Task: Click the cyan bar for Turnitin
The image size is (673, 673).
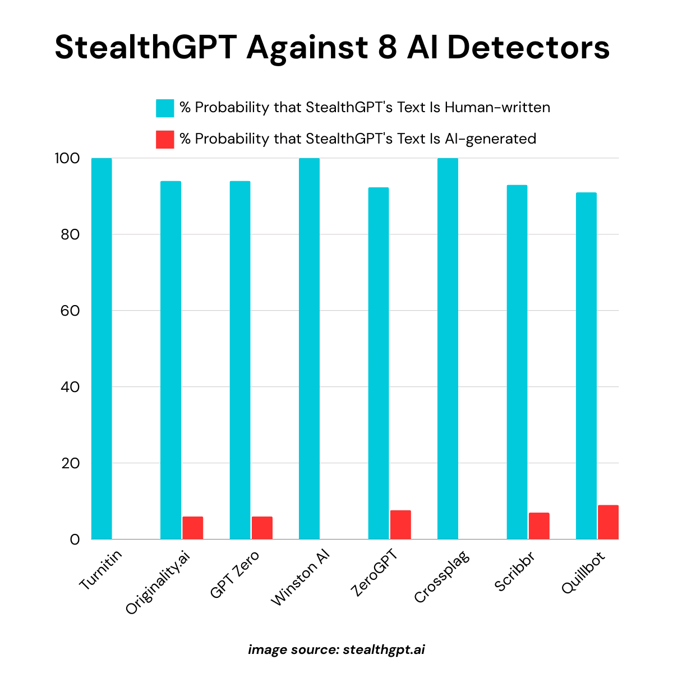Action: [x=102, y=348]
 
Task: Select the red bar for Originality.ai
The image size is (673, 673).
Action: [x=192, y=528]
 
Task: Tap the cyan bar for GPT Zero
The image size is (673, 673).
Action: [x=240, y=359]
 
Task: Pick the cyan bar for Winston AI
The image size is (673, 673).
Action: [x=309, y=348]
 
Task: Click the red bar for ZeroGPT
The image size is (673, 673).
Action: [x=400, y=525]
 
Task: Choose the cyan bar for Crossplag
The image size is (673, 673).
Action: [x=448, y=348]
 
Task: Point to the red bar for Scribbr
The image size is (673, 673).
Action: [x=539, y=526]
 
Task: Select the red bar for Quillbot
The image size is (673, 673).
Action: [x=608, y=522]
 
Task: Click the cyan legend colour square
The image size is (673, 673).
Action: [x=165, y=108]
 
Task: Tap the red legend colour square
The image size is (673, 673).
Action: [x=165, y=139]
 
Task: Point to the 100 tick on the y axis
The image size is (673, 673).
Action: [x=67, y=158]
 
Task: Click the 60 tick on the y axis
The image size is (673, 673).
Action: [x=70, y=311]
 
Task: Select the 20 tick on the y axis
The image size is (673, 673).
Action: [x=70, y=463]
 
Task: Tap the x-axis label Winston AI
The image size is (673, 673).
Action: [x=301, y=578]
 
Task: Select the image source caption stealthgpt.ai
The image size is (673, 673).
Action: [x=384, y=649]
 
